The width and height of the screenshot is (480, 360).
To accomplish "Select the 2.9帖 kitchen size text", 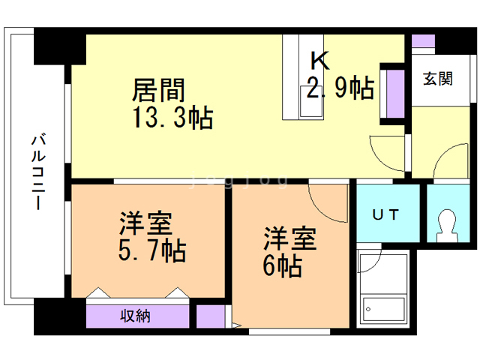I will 340,88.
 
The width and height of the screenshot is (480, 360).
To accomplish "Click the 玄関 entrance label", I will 437,78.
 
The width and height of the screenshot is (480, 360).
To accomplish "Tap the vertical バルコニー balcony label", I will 35,173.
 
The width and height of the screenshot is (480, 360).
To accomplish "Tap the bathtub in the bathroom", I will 382,289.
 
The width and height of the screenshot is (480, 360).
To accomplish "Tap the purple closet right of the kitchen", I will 391,94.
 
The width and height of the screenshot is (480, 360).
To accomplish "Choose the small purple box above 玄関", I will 423,42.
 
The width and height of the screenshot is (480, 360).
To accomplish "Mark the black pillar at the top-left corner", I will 58,46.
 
